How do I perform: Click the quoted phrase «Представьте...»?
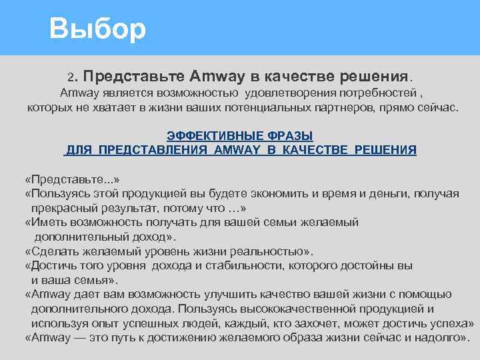point(72,180)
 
